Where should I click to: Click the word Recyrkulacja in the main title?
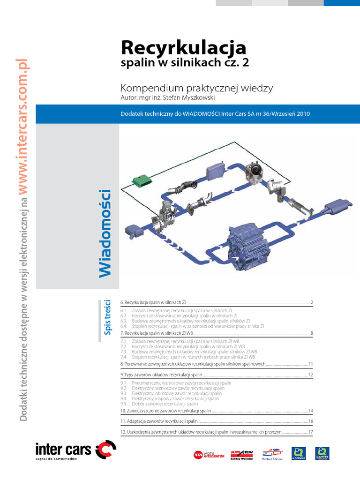click(183, 48)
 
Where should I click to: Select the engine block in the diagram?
click(248, 244)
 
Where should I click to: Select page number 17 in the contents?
click(310, 432)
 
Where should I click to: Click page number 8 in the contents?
click(311, 333)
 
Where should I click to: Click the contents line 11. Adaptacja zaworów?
click(159, 421)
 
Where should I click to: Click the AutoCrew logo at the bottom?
click(241, 455)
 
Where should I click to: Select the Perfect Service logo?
click(273, 455)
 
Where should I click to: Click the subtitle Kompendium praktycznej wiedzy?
click(197, 88)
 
